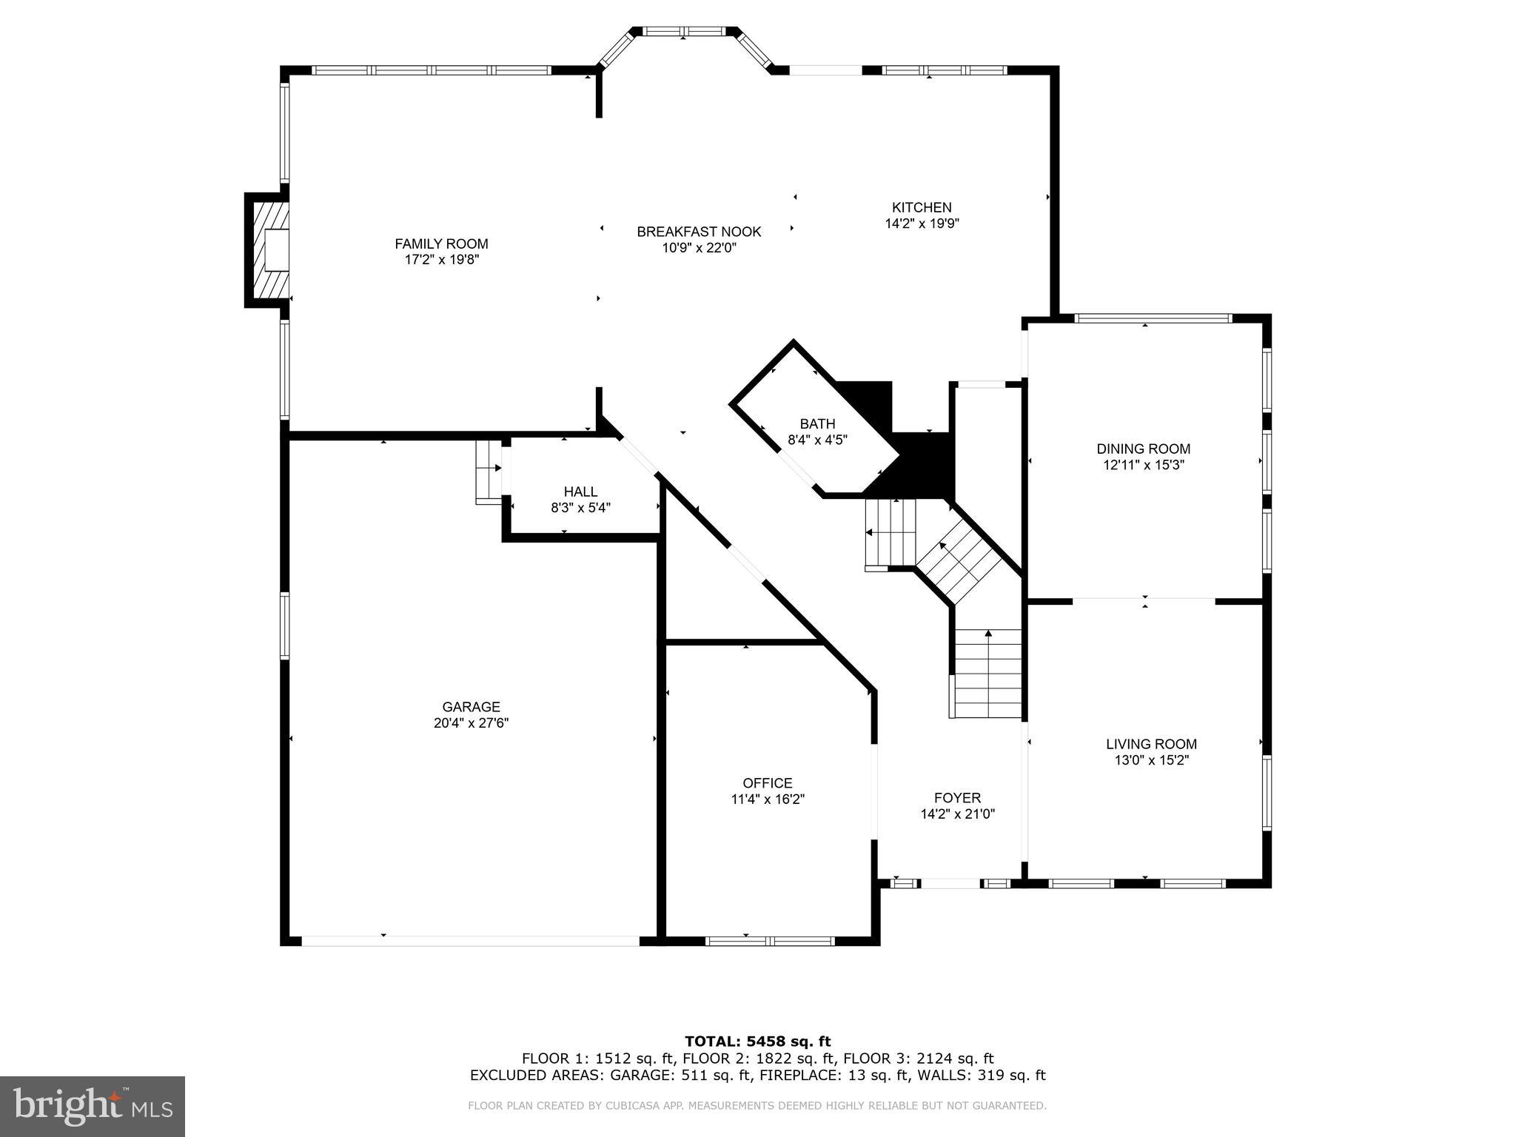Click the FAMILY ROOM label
[441, 244]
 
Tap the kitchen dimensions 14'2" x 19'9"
[922, 224]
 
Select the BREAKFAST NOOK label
[699, 232]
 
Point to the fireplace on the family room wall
[268, 250]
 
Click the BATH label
[817, 423]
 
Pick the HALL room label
[580, 492]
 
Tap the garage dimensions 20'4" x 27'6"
[471, 723]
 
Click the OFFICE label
[768, 782]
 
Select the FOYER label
[957, 797]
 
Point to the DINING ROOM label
[1143, 449]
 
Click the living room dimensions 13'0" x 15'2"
[1151, 760]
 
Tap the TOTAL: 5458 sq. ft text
[757, 1042]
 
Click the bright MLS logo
[93, 1106]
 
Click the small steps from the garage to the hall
[489, 472]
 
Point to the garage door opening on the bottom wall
[471, 941]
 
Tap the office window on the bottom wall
[770, 941]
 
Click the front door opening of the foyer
[950, 883]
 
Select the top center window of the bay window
[684, 31]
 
